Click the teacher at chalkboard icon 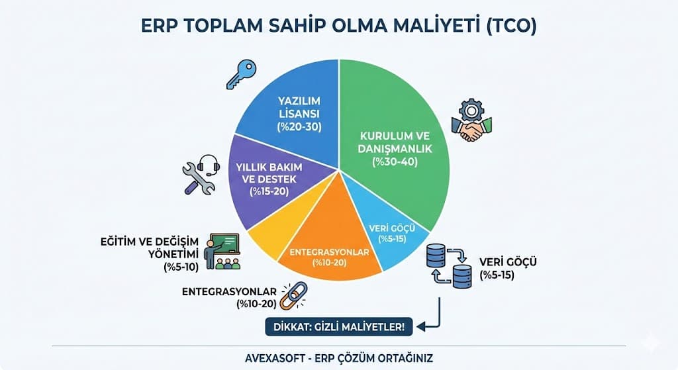click(x=222, y=252)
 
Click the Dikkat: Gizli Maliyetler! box click(x=334, y=326)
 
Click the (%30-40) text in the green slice click(x=395, y=162)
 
